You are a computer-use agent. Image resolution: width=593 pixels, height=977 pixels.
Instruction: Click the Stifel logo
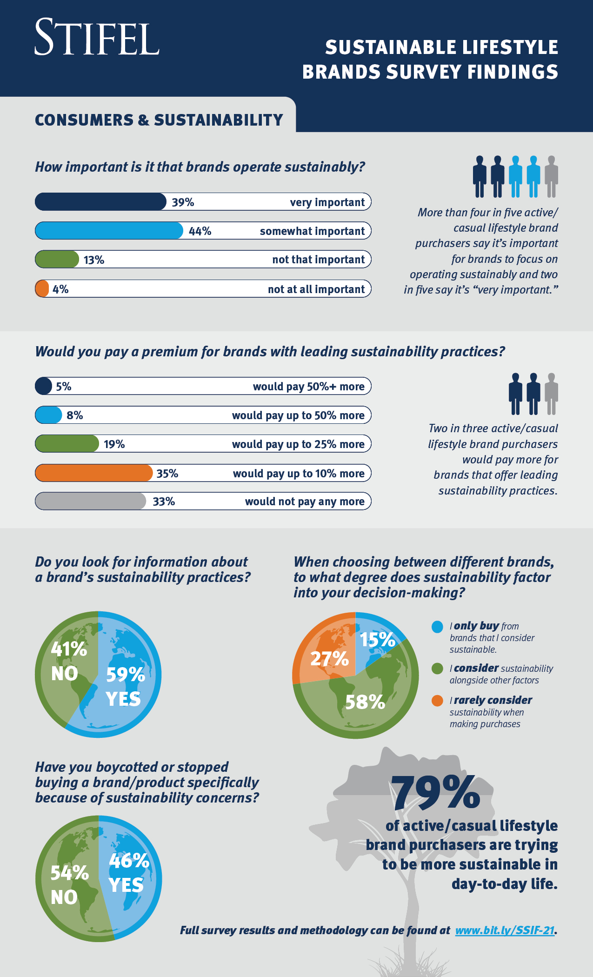(x=97, y=37)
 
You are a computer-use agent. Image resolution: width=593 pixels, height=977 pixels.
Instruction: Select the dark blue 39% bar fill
(x=100, y=202)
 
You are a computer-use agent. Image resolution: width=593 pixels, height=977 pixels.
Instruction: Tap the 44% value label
(x=200, y=231)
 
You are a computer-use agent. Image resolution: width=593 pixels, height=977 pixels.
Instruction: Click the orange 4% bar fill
(x=42, y=289)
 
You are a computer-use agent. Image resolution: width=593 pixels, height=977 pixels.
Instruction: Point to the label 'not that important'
(x=318, y=260)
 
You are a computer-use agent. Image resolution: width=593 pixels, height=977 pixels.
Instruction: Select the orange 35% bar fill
(x=93, y=473)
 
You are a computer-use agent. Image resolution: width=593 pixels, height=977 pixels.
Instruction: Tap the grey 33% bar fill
(x=91, y=502)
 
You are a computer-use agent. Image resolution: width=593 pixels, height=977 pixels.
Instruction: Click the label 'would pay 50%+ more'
(x=308, y=387)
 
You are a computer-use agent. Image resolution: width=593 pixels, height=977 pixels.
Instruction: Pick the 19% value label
(x=114, y=444)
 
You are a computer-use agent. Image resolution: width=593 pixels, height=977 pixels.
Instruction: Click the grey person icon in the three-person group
(x=551, y=394)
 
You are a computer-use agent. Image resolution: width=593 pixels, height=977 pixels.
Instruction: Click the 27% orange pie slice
(x=326, y=656)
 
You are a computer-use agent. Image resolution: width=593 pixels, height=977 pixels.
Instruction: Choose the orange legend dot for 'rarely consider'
(x=437, y=701)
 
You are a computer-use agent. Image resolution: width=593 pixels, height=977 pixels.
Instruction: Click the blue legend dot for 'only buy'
(x=437, y=627)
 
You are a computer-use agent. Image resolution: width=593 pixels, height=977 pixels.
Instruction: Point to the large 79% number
(x=435, y=793)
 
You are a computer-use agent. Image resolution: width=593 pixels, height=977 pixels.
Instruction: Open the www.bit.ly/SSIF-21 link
(x=505, y=930)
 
